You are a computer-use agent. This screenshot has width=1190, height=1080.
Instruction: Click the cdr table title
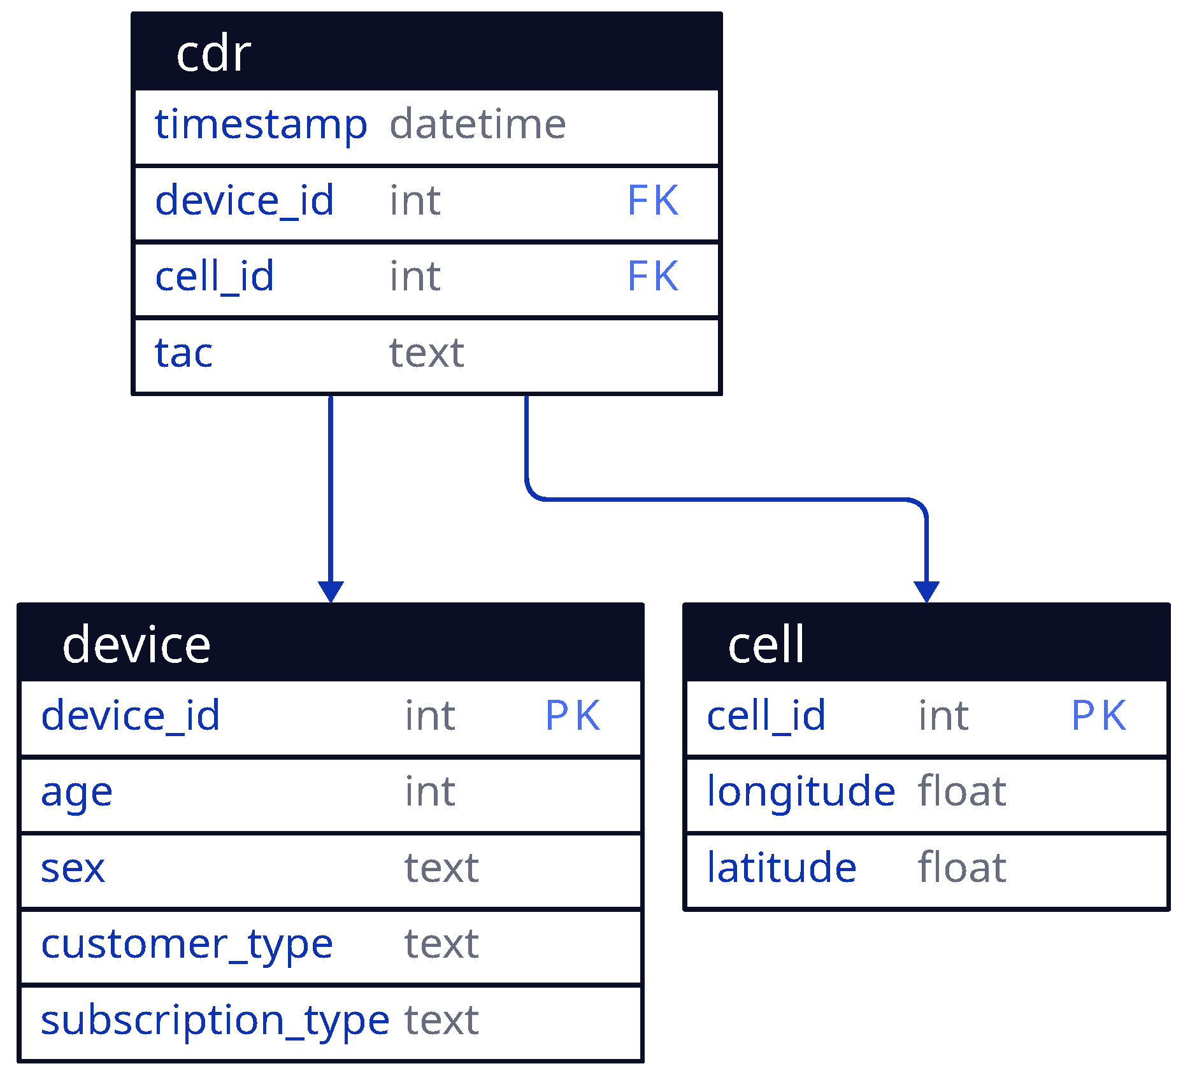click(x=213, y=53)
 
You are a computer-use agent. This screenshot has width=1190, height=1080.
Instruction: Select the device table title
click(x=136, y=644)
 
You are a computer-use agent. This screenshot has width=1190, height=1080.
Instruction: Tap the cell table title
click(x=766, y=644)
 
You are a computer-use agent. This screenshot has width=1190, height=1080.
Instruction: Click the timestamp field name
click(x=261, y=124)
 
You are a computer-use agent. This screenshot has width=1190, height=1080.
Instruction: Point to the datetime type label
click(x=477, y=124)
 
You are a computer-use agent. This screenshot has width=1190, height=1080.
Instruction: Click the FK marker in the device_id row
click(x=653, y=201)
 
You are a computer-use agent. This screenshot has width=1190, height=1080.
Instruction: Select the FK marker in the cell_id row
click(x=653, y=276)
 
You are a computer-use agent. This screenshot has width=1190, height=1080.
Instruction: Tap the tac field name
click(x=183, y=353)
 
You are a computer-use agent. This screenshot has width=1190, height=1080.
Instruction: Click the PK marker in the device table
click(x=573, y=716)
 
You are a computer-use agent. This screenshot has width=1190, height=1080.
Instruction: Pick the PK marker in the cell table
click(x=1099, y=716)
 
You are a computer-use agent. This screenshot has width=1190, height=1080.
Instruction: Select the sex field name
click(x=73, y=869)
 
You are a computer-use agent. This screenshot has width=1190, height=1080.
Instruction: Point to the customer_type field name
click(x=187, y=944)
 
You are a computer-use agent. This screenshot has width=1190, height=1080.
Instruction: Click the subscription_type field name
click(x=215, y=1021)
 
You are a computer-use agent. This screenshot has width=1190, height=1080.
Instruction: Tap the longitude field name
click(x=801, y=792)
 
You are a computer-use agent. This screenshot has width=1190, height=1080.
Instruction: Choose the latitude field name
click(x=782, y=868)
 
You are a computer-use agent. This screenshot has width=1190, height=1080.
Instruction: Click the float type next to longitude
click(x=962, y=792)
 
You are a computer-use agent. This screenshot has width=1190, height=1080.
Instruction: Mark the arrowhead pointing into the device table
click(x=331, y=591)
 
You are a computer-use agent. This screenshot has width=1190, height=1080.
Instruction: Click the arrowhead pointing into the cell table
click(x=926, y=591)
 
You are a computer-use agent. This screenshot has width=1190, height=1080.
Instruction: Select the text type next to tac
click(x=426, y=353)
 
